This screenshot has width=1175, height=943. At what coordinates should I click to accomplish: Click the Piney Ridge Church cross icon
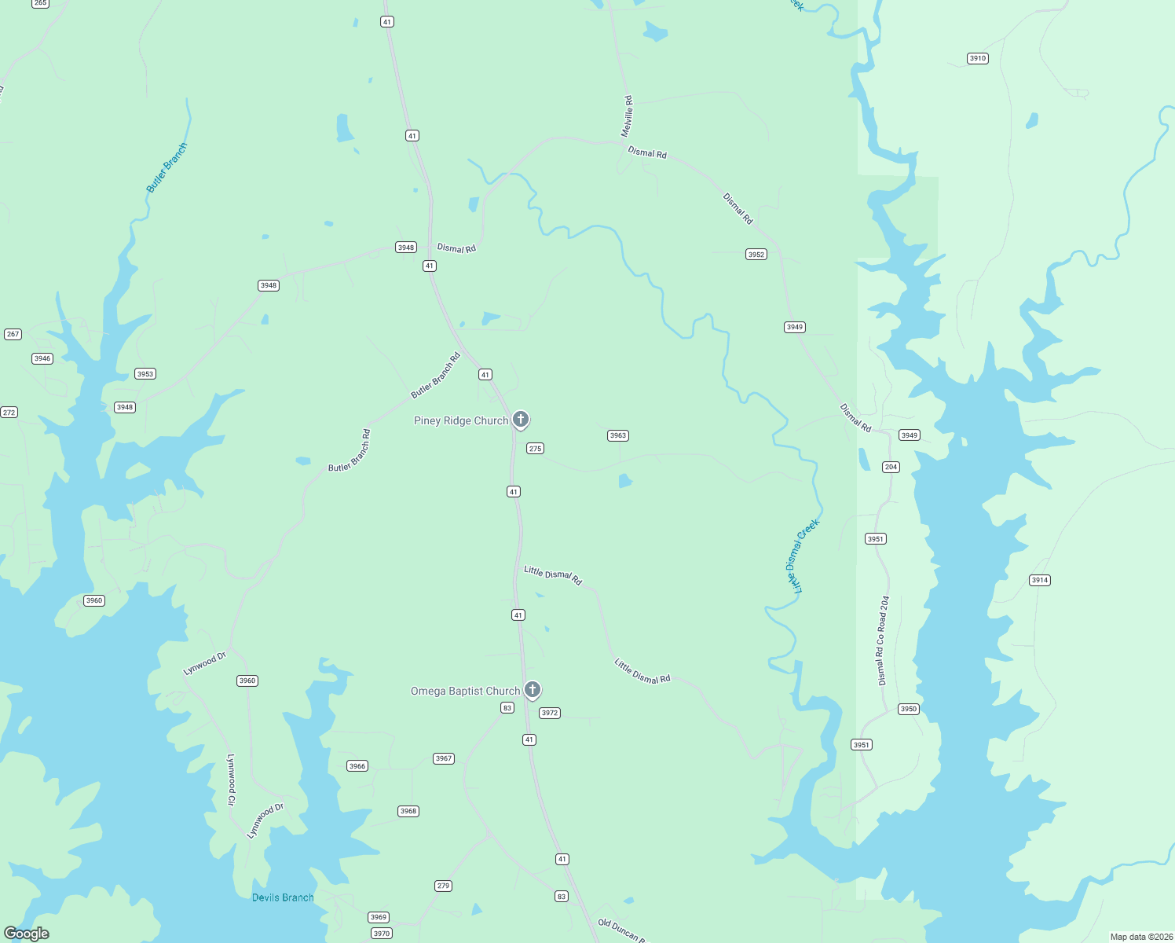(x=520, y=420)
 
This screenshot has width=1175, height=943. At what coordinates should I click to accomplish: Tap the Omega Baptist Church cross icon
(x=532, y=690)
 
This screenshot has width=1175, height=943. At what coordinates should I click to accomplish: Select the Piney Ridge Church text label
(x=461, y=421)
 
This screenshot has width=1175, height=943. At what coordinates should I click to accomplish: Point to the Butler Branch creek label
(x=167, y=167)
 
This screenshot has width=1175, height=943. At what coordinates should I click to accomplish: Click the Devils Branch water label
(x=283, y=897)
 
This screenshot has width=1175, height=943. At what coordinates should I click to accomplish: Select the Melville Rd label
(x=627, y=116)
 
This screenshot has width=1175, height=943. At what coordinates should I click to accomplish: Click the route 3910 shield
(x=977, y=58)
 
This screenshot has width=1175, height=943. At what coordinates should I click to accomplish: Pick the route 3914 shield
(x=1039, y=580)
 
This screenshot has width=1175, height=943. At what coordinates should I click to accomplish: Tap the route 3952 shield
(x=756, y=255)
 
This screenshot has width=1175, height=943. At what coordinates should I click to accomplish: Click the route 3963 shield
(x=618, y=435)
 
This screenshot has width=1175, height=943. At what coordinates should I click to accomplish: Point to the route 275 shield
(x=535, y=449)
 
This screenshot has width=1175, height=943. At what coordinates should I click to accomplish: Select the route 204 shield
(x=891, y=467)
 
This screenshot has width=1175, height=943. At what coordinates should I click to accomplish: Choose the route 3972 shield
(x=550, y=713)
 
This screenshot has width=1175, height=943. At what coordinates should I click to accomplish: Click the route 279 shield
(x=443, y=886)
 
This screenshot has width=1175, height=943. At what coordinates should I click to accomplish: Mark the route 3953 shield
(x=145, y=374)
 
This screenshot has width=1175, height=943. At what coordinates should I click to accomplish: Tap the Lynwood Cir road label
(x=231, y=780)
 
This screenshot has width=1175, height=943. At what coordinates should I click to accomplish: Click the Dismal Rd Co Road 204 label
(x=884, y=640)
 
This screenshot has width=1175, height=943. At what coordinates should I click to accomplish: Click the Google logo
(x=27, y=934)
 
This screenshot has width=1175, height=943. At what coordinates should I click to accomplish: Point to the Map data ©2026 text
(x=1140, y=937)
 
